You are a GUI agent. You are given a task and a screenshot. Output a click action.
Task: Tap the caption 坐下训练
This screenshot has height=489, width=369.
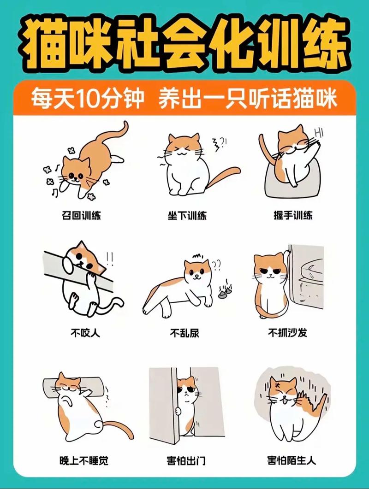187,215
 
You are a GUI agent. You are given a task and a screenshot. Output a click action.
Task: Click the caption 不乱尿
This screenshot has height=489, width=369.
184,332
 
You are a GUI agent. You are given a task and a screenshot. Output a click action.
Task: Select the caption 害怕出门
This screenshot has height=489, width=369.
186,460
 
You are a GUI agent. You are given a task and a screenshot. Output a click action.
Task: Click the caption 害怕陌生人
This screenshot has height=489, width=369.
292,460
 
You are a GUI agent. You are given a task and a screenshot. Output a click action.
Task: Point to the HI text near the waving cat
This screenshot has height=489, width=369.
318,133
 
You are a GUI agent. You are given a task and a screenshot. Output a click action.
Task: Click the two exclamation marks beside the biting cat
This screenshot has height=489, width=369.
110,256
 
